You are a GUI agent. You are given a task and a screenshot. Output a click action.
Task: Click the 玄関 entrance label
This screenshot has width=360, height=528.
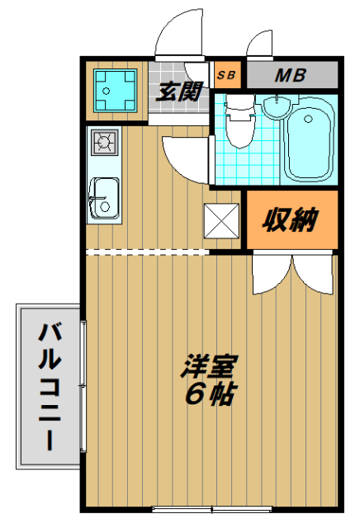point(178,92)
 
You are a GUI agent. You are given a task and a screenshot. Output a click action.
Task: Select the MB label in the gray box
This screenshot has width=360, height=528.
point(290,76)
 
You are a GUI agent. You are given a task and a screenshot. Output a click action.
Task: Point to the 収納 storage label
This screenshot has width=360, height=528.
point(290,220)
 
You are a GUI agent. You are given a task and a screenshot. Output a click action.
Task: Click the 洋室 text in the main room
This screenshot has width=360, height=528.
point(208,365)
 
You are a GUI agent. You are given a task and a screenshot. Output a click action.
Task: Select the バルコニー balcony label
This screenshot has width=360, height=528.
point(48,386)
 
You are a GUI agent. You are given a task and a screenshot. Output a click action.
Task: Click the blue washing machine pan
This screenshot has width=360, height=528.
point(115,88)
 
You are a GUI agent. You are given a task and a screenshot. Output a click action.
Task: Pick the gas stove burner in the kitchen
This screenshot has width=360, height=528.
point(105,143)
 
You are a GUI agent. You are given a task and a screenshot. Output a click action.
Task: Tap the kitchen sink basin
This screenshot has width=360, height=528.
point(105,198)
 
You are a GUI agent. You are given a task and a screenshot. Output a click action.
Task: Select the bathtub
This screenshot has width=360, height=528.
point(309,144)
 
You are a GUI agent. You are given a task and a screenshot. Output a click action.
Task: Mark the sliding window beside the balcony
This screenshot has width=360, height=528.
point(82,386)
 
